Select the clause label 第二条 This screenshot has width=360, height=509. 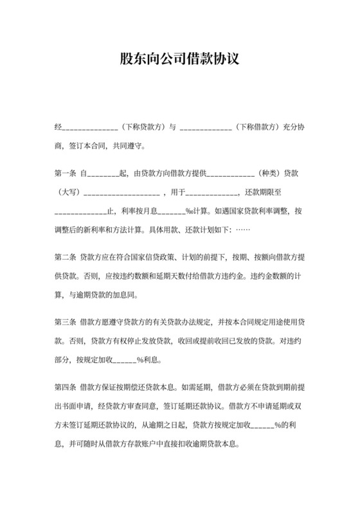point(66,258)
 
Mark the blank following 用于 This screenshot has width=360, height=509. point(210,193)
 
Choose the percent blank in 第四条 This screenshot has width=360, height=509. point(265,425)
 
